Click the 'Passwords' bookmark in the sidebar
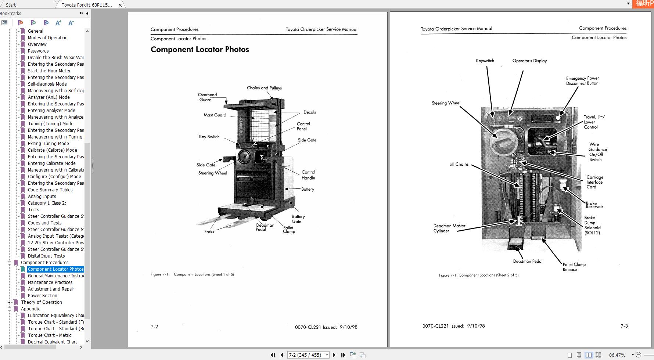[x=38, y=51]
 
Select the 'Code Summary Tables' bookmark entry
[x=50, y=190]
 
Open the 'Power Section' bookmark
[x=42, y=296]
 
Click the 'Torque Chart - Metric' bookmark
[x=50, y=335]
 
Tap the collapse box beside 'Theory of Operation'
[x=9, y=302]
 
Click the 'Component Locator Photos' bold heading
[x=200, y=50]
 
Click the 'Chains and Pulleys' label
[x=264, y=88]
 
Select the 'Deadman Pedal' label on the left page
[x=265, y=227]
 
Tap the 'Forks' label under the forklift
[x=209, y=232]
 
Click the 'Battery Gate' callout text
[x=298, y=219]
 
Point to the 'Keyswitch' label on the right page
[x=485, y=61]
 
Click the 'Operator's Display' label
[x=529, y=61]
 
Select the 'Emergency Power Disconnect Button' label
[x=582, y=81]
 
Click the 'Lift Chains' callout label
[x=459, y=164]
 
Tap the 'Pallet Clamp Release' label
[x=574, y=267]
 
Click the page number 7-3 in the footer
[x=624, y=326]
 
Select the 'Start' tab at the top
[x=11, y=5]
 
